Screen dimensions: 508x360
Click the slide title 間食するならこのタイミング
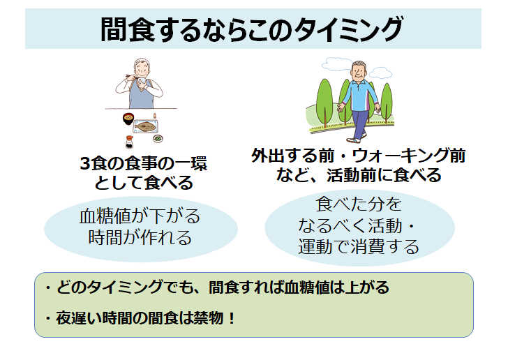coord(251,29)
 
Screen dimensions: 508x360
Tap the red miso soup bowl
coord(128,119)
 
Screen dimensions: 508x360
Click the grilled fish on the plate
coord(145,126)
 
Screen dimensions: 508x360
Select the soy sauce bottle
coord(129,142)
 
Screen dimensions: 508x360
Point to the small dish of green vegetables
coord(158,138)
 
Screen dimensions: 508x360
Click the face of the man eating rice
coord(142,69)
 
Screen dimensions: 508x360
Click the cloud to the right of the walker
coord(380,73)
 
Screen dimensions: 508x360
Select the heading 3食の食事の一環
coord(144,164)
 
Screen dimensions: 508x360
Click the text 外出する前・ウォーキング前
coord(359,156)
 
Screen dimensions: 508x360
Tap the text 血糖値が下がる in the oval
coord(140,216)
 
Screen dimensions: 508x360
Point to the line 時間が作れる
coord(140,237)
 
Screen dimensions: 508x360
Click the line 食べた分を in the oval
coord(359,204)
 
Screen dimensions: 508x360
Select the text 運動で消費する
coord(359,247)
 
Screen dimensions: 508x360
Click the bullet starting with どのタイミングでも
coord(217,287)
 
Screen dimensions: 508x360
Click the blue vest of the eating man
coord(141,96)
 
